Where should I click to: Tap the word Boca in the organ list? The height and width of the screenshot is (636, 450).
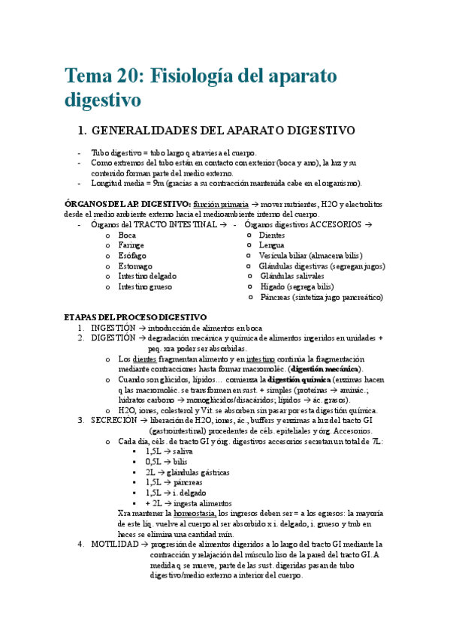tap(127, 235)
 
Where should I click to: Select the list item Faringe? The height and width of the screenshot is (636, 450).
tap(131, 245)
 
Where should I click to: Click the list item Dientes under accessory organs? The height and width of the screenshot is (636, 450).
tap(271, 235)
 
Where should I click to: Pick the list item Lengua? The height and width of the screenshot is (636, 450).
tap(271, 245)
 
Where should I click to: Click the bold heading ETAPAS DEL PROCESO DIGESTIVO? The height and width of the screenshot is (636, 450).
tap(134, 317)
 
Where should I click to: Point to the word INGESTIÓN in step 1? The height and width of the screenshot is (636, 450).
tap(113, 328)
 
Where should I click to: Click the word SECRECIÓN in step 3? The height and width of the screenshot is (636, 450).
tap(113, 420)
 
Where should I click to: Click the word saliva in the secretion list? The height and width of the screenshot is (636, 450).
tap(183, 451)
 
